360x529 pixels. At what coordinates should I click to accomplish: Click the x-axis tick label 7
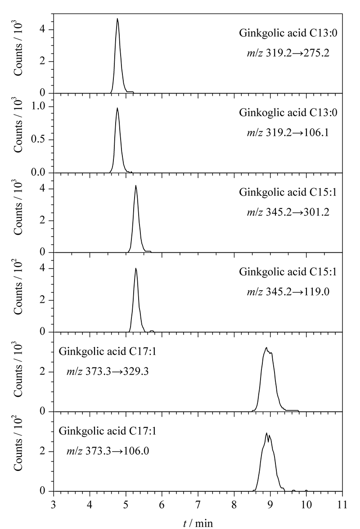click(x=198, y=504)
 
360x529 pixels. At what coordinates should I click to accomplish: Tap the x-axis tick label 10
click(x=306, y=504)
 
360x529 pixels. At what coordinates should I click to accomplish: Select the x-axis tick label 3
click(x=54, y=504)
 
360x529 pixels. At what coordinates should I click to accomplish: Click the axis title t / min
click(x=198, y=523)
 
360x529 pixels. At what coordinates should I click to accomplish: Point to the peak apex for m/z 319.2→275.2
click(x=117, y=18)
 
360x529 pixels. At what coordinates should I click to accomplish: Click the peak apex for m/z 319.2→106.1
click(x=117, y=108)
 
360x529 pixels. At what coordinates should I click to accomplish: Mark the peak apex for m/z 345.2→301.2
click(x=135, y=185)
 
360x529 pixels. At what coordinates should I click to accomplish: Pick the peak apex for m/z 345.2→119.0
click(x=135, y=269)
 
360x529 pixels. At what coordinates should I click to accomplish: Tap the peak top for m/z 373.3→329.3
click(x=266, y=347)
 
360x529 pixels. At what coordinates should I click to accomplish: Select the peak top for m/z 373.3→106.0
click(x=266, y=433)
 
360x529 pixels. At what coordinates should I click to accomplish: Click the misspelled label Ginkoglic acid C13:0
click(x=288, y=112)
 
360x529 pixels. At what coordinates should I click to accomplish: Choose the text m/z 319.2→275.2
click(x=288, y=53)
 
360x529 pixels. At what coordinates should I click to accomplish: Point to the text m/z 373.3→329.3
click(x=108, y=372)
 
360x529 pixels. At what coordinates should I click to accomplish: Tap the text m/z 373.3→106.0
click(x=108, y=451)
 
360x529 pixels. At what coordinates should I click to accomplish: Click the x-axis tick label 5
click(x=126, y=504)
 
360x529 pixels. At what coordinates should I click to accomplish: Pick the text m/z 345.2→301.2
click(x=288, y=212)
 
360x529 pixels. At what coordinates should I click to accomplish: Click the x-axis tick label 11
click(x=342, y=504)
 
